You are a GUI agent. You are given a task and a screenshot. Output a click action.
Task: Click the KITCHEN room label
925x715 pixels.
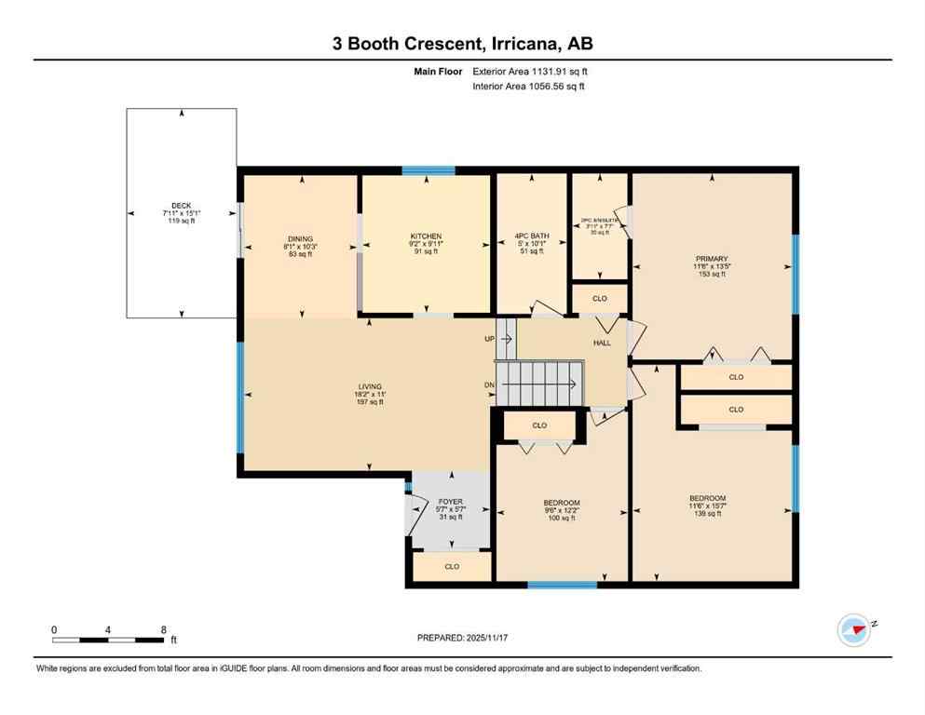click(x=426, y=236)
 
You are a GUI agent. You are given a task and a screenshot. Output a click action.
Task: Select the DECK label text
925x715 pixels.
click(x=181, y=206)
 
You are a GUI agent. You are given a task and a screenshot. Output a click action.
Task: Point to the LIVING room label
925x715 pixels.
click(x=370, y=386)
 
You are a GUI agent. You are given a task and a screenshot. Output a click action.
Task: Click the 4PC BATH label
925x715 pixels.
click(x=532, y=236)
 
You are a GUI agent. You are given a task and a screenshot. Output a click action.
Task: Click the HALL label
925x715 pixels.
click(x=602, y=344)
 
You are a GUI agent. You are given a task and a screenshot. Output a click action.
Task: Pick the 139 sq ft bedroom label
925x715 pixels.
click(x=707, y=498)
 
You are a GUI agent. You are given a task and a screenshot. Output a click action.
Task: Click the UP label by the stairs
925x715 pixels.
click(x=489, y=339)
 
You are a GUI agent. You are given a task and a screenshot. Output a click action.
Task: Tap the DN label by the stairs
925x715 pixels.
click(x=489, y=384)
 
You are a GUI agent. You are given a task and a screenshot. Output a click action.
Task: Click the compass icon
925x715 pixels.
click(x=854, y=629)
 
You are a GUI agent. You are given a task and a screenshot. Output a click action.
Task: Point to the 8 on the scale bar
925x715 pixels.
click(x=163, y=629)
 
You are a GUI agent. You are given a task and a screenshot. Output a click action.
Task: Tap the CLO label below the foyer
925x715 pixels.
click(x=452, y=566)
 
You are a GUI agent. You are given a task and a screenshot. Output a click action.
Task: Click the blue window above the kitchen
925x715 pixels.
click(x=428, y=170)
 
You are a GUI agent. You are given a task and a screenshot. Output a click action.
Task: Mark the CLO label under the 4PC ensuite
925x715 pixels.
click(x=600, y=299)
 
